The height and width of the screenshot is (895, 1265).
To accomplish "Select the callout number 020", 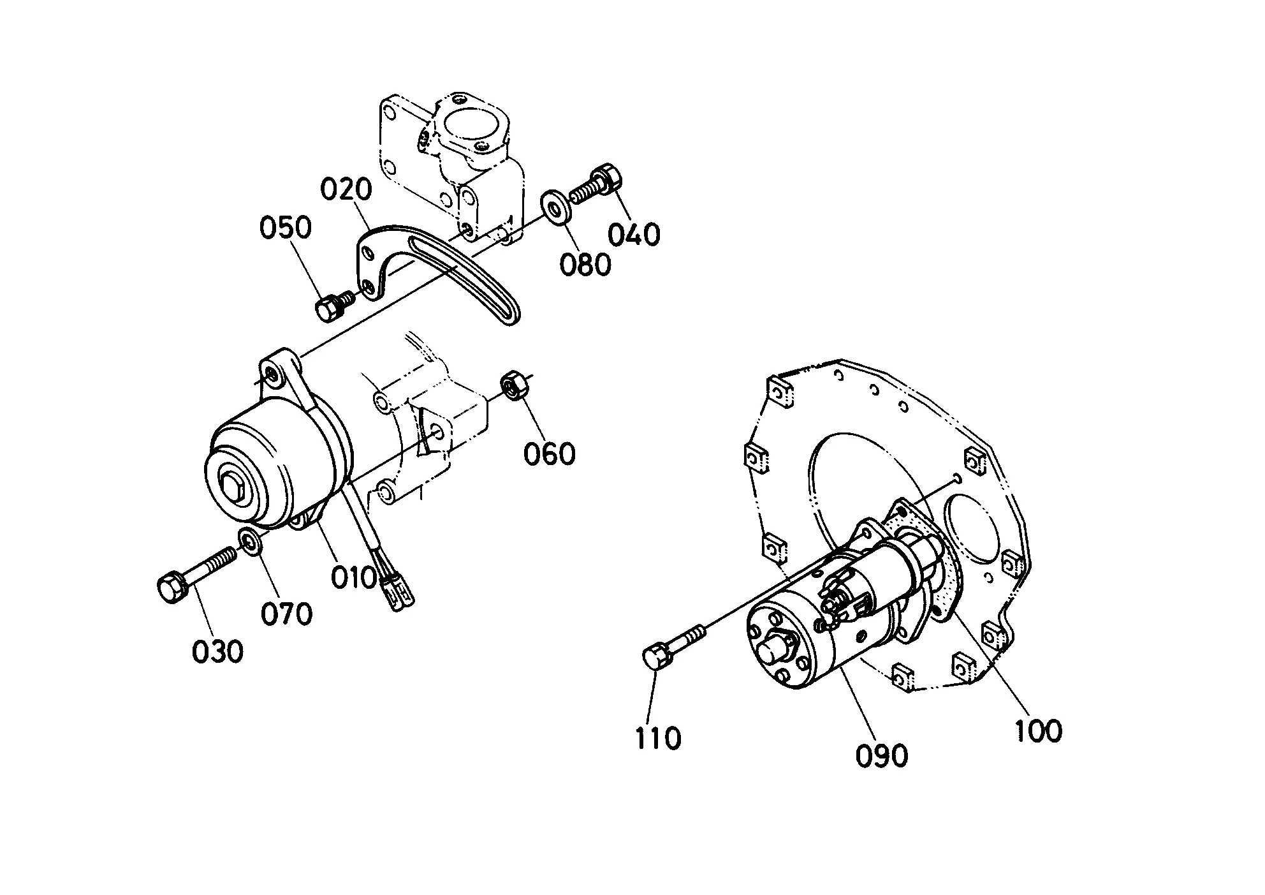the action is coord(346,190).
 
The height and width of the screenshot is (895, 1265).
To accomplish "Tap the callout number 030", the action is coord(217,651).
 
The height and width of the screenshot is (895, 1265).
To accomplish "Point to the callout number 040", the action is coord(633,235).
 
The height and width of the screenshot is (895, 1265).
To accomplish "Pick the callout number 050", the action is coord(285,227).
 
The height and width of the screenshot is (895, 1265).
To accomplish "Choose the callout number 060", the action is coord(549,454).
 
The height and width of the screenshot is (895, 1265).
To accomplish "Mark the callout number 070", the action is coord(286,614).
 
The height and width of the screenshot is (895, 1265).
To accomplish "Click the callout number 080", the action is coord(585,264).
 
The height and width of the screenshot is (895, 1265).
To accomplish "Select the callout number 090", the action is coord(882,755).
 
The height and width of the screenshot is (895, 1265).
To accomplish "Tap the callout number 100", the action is coord(1038,731).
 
